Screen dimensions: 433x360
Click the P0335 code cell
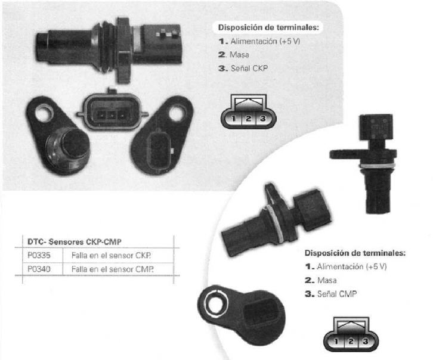[x=39, y=255]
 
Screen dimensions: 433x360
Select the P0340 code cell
[x=39, y=269]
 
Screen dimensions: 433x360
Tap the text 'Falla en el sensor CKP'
[x=112, y=255]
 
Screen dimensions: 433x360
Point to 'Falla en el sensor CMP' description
[x=112, y=269]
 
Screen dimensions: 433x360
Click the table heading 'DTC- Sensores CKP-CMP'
[x=75, y=242]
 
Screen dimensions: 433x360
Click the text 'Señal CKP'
[x=249, y=68]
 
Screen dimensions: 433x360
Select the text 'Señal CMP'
[x=337, y=294]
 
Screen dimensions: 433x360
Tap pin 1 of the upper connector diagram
[x=234, y=119]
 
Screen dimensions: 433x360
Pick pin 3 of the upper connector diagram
[x=262, y=119]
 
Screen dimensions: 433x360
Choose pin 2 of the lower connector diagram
[x=351, y=342]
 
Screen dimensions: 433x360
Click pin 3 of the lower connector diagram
[x=366, y=342]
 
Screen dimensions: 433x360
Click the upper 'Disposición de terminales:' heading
[x=268, y=27]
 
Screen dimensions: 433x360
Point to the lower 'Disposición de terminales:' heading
[x=355, y=253]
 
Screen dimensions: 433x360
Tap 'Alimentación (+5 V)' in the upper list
[x=265, y=41]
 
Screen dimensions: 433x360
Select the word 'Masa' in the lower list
[x=327, y=280]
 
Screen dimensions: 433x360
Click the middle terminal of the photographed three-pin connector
[x=112, y=114]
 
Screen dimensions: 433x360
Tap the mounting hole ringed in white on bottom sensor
[x=215, y=305]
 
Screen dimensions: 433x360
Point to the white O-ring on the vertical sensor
[x=377, y=166]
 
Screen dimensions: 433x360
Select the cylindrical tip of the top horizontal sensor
[x=43, y=46]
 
